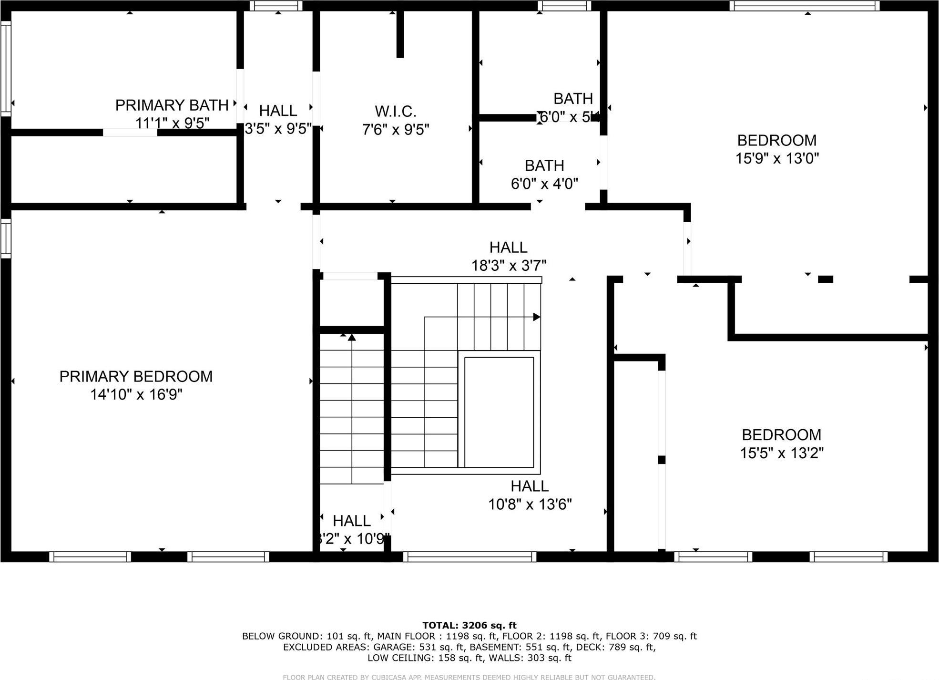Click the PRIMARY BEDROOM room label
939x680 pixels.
point(136,377)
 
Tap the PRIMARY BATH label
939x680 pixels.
point(172,105)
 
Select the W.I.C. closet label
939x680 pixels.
point(396,112)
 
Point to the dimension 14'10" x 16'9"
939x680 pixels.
point(137,395)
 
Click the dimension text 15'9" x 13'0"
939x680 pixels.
point(777,158)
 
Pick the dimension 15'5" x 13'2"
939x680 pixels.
point(782,453)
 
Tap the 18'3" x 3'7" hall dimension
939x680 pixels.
point(509,266)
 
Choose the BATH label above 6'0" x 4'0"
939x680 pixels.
point(544,165)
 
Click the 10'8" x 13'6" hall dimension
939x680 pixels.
point(530,505)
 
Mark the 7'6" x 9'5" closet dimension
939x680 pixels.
point(396,130)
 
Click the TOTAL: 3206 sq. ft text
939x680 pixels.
point(469,625)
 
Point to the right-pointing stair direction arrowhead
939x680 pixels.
point(537,317)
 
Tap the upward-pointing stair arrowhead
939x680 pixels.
point(352,338)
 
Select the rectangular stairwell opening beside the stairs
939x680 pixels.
point(499,412)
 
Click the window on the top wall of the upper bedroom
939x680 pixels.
point(804,6)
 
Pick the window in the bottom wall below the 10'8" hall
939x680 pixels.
point(469,556)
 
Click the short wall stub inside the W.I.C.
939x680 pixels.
point(400,34)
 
